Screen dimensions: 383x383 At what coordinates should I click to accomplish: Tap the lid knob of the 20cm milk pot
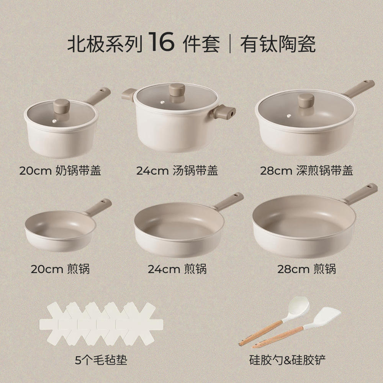tap(61, 106)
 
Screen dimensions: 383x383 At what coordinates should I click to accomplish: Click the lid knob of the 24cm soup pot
tap(177, 91)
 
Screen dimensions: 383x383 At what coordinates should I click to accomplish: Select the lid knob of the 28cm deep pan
tap(306, 100)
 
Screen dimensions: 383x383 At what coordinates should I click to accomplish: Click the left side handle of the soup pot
tap(129, 93)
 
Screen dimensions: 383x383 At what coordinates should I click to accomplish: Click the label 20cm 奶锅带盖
tap(60, 170)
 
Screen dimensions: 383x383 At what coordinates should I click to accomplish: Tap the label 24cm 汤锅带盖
tap(177, 170)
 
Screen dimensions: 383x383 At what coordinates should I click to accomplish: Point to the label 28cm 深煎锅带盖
tap(306, 170)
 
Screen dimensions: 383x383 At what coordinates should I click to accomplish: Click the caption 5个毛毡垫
tap(101, 360)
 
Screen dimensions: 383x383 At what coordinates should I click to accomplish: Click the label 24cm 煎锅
tap(177, 269)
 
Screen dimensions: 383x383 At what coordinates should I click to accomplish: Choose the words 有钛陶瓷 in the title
tap(278, 44)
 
